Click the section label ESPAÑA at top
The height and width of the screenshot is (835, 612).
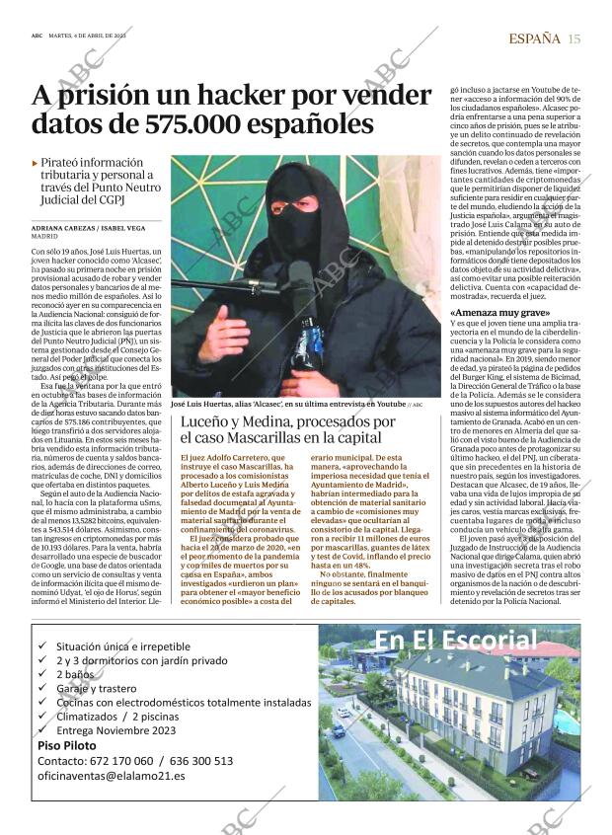(534, 38)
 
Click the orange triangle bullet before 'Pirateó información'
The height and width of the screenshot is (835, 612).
(36, 163)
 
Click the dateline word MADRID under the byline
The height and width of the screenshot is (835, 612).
(44, 238)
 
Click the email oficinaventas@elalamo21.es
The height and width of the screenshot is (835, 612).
(111, 776)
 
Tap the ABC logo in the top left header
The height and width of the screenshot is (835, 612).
(37, 35)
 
